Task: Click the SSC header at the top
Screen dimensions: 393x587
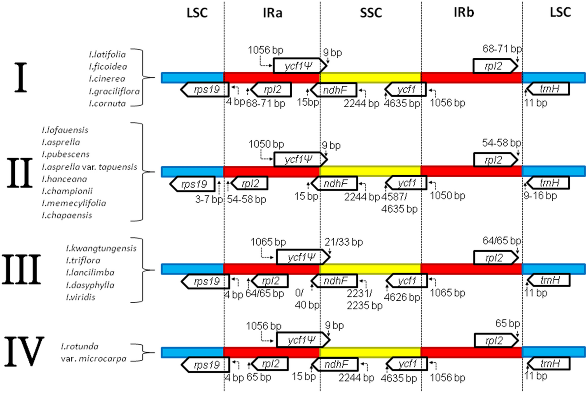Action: pyautogui.click(x=371, y=13)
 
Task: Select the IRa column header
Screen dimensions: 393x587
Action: pyautogui.click(x=272, y=13)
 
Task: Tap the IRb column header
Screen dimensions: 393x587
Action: pyautogui.click(x=464, y=13)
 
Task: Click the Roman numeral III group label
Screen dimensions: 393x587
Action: pyautogui.click(x=21, y=270)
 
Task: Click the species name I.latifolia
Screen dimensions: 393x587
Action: pyautogui.click(x=107, y=54)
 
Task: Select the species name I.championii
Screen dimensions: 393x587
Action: pyautogui.click(x=67, y=191)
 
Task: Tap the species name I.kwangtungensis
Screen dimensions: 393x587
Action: pyautogui.click(x=101, y=248)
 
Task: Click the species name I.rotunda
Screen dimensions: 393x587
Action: pyautogui.click(x=80, y=346)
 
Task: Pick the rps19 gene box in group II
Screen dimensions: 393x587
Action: pyautogui.click(x=193, y=184)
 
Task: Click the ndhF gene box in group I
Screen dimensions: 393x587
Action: pyautogui.click(x=334, y=90)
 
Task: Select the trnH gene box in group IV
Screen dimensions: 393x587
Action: pyautogui.click(x=548, y=364)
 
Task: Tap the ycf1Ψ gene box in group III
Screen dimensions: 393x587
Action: pyautogui.click(x=302, y=257)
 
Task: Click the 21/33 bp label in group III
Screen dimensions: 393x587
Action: pyautogui.click(x=343, y=242)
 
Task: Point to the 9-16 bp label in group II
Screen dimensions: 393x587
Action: pyautogui.click(x=540, y=196)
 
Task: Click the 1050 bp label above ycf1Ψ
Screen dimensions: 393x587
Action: pyautogui.click(x=266, y=144)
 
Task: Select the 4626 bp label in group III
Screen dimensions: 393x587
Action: pyautogui.click(x=402, y=297)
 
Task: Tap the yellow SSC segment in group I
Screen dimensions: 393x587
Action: pyautogui.click(x=370, y=77)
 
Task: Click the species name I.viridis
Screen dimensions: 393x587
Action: pyautogui.click(x=81, y=297)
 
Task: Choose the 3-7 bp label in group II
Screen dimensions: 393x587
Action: pyautogui.click(x=209, y=199)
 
